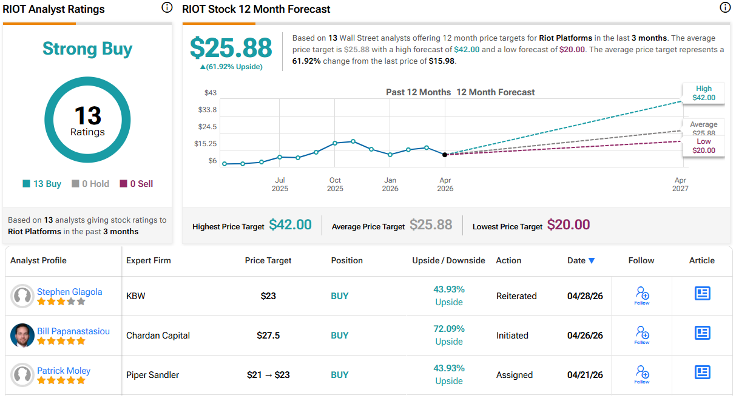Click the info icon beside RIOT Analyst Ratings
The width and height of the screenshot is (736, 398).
167,8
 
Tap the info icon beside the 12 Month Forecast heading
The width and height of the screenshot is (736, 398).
724,8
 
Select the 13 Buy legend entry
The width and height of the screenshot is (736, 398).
42,184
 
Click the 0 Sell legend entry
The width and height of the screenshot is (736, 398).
137,184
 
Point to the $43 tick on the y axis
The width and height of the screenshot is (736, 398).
210,93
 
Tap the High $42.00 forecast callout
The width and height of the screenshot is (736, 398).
704,93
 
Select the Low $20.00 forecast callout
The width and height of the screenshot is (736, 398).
704,146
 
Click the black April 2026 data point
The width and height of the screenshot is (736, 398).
445,155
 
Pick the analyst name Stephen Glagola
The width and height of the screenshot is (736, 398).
69,292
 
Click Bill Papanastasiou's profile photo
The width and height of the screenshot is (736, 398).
22,336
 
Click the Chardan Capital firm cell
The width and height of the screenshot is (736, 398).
158,336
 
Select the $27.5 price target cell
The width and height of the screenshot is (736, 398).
268,336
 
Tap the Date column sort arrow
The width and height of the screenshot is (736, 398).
592,261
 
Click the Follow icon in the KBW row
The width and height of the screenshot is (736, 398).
642,295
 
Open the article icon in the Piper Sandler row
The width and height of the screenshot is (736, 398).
702,372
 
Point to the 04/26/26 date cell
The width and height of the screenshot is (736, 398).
585,336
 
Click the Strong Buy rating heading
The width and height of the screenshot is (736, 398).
87,49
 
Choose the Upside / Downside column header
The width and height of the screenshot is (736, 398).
448,260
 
